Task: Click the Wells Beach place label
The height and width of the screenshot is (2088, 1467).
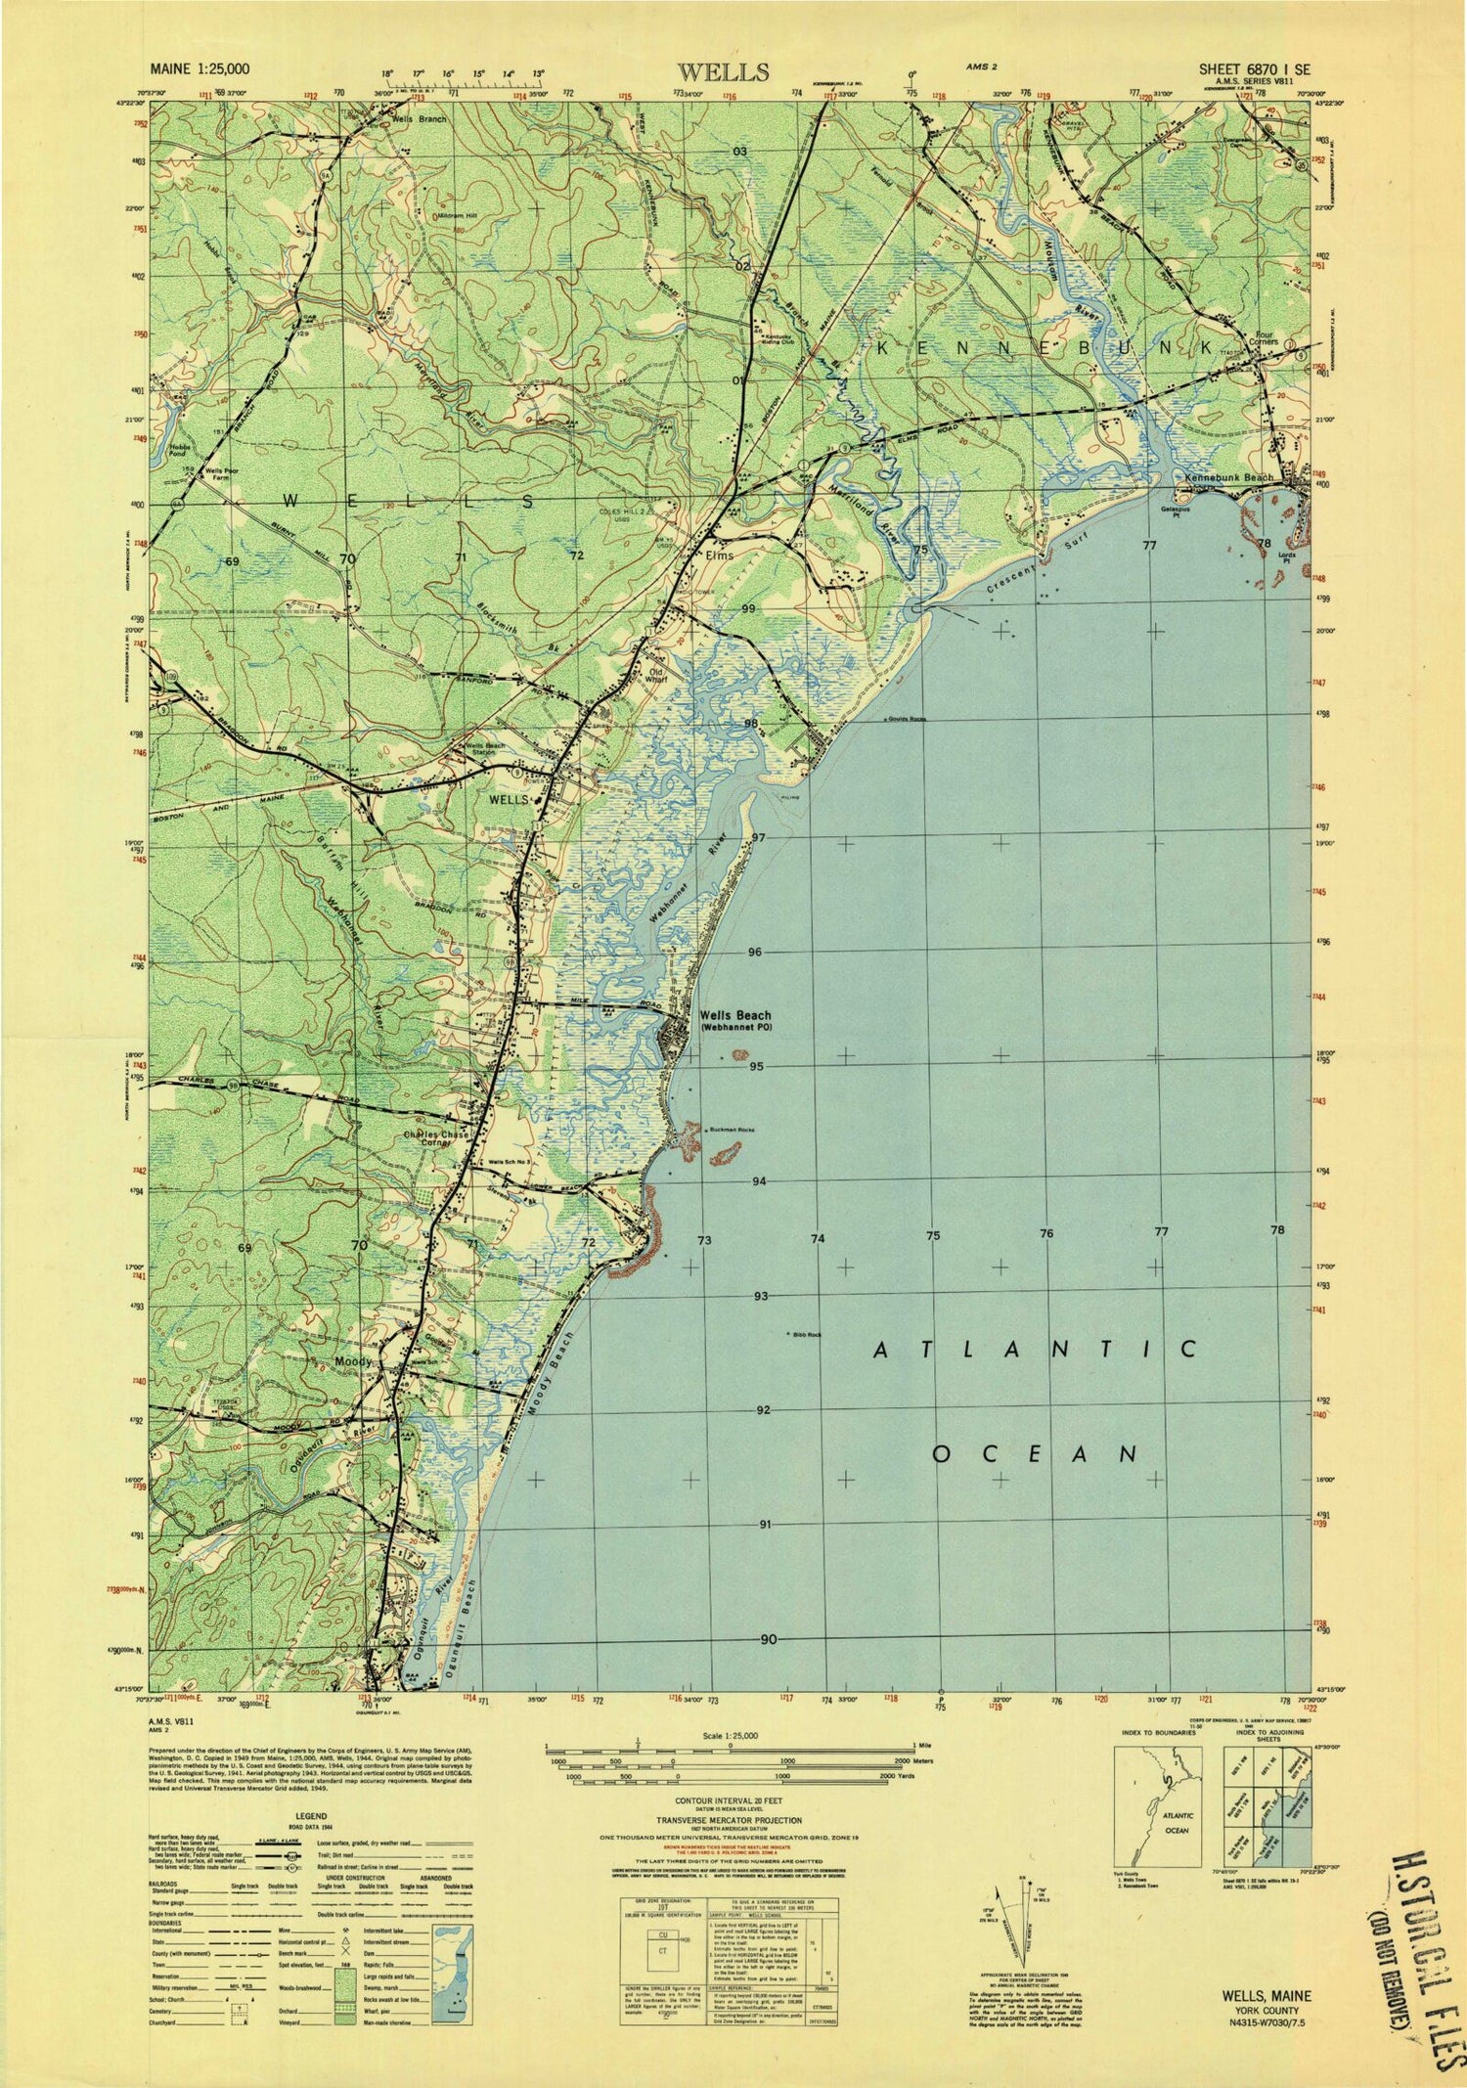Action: [x=734, y=1016]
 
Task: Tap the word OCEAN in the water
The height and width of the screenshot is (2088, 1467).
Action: [x=1035, y=1453]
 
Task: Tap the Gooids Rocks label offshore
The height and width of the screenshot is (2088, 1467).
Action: [x=907, y=720]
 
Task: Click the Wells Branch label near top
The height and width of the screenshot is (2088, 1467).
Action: [x=419, y=119]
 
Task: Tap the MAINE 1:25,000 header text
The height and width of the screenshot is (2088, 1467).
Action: [x=200, y=69]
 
